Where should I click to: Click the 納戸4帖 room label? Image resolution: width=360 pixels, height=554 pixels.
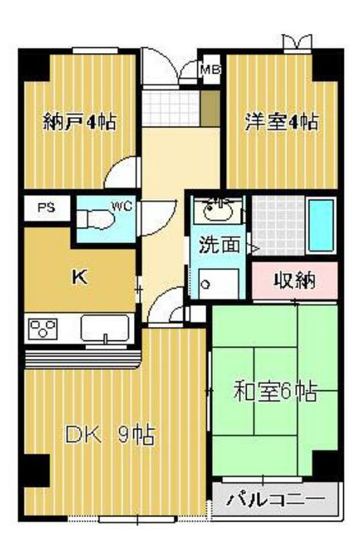80,121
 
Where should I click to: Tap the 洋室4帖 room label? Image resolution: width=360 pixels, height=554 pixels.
282,121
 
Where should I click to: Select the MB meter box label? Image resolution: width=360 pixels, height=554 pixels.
209,70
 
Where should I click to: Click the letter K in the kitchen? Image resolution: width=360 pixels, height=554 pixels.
78,278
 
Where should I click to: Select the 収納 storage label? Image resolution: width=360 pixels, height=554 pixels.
295,280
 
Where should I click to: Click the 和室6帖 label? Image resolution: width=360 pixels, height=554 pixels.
275,391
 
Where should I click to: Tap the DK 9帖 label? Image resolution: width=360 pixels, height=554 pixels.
110,436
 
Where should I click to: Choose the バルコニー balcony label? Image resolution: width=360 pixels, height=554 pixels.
275,500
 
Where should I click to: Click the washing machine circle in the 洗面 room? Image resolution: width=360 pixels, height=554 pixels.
206,283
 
